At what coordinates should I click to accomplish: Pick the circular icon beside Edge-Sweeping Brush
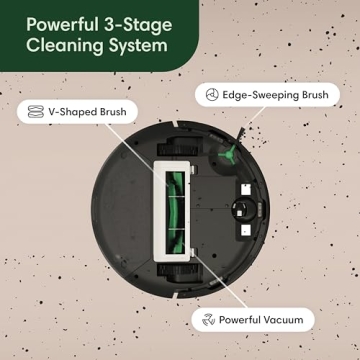coord(211,95)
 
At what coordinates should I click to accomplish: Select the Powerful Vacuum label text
coord(266,320)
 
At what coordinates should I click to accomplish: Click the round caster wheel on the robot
coord(243,207)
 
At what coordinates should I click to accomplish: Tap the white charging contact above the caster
coord(243,185)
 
